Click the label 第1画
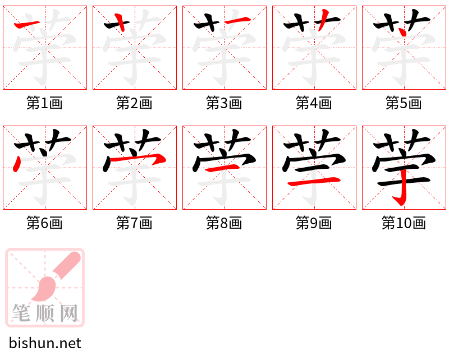pyautogui.click(x=44, y=103)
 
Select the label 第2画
pyautogui.click(x=134, y=103)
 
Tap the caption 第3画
pyautogui.click(x=224, y=103)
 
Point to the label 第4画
pyautogui.click(x=314, y=103)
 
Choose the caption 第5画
pyautogui.click(x=404, y=103)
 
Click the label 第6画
pyautogui.click(x=44, y=223)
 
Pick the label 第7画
pyautogui.click(x=134, y=223)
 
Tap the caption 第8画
pyautogui.click(x=224, y=223)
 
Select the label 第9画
pyautogui.click(x=314, y=223)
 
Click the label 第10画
pyautogui.click(x=404, y=223)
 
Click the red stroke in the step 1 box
pyautogui.click(x=27, y=24)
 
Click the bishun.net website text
pyautogui.click(x=45, y=343)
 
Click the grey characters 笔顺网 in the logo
pyautogui.click(x=45, y=313)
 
